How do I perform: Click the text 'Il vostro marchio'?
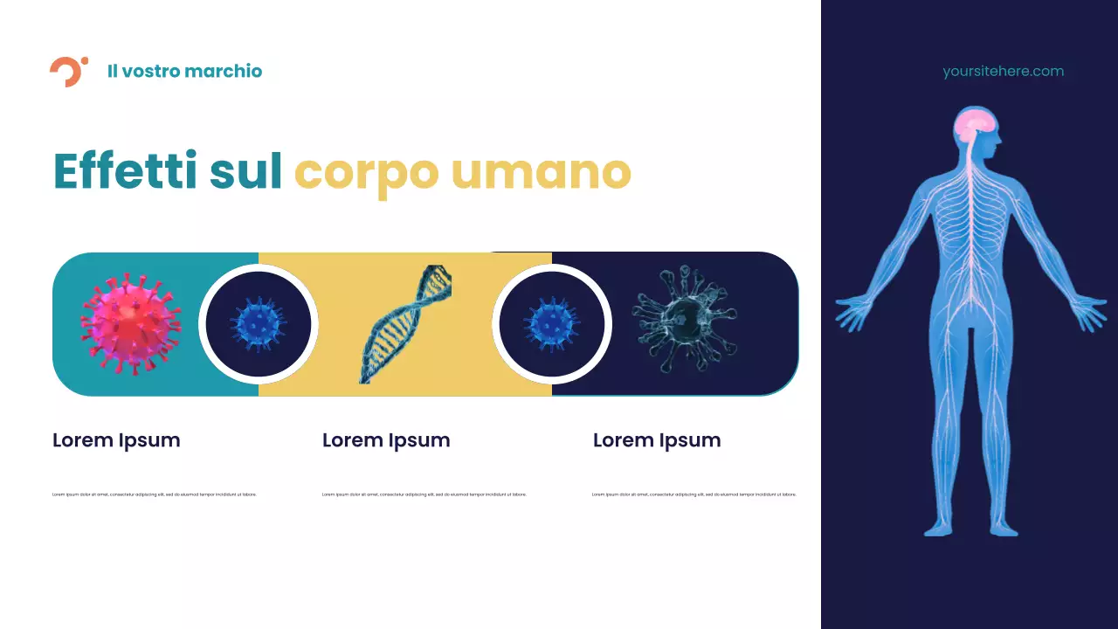(x=184, y=72)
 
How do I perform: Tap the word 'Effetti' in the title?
(x=125, y=170)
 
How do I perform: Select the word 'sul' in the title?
(x=245, y=170)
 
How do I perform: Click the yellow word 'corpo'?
(x=366, y=172)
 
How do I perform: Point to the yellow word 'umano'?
(x=541, y=172)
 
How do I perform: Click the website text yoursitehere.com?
(x=1003, y=72)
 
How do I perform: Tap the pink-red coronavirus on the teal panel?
(x=130, y=323)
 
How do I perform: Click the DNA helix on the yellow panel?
(x=405, y=324)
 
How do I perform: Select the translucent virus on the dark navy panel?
(x=684, y=320)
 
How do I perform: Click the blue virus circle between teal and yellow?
(x=259, y=324)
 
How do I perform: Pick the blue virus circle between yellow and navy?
(x=552, y=324)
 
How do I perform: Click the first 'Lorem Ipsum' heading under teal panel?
(x=116, y=440)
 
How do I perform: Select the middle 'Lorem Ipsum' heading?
(x=386, y=440)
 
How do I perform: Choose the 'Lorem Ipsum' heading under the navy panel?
(x=657, y=440)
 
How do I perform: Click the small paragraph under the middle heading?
(x=424, y=494)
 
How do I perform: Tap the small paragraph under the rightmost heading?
(x=694, y=494)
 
